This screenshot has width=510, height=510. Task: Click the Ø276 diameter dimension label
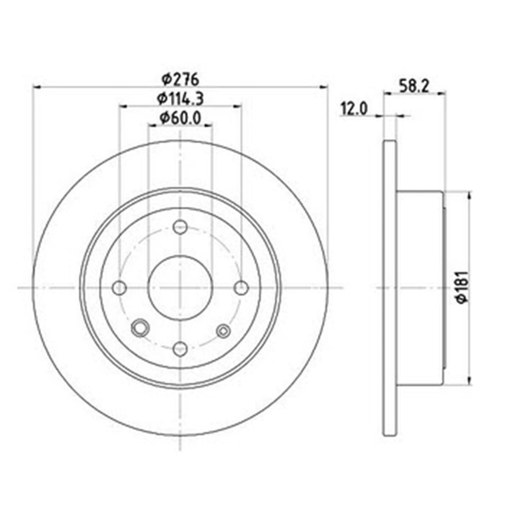(181, 79)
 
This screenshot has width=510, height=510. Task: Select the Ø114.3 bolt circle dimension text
(181, 99)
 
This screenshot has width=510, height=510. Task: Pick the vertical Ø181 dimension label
(462, 287)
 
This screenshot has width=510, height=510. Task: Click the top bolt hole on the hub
(180, 227)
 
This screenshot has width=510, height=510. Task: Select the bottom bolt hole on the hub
(180, 349)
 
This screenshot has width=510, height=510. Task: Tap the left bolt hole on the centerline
(119, 288)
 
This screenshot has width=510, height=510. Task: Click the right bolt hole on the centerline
(241, 288)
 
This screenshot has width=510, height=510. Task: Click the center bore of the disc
(180, 288)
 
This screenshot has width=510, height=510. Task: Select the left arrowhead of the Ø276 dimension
(37, 87)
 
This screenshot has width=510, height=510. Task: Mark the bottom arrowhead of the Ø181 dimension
(470, 380)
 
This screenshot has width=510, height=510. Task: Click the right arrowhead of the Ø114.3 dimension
(238, 106)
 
